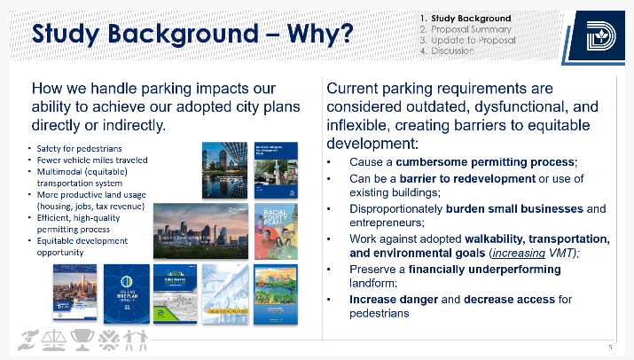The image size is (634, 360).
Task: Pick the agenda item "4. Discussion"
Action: pyautogui.click(x=451, y=51)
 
